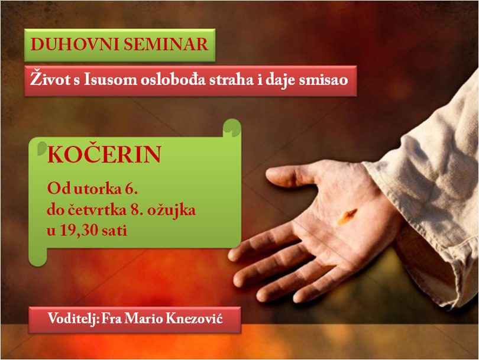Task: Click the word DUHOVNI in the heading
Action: coord(75,44)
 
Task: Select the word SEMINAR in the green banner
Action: coord(166,44)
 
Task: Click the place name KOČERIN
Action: coord(104,154)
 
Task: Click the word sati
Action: coord(115,231)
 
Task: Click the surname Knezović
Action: coord(195,319)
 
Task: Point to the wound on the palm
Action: coord(347,216)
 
